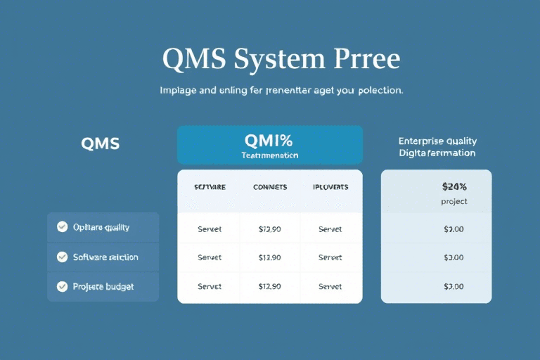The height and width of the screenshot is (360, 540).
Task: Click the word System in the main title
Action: [284, 59]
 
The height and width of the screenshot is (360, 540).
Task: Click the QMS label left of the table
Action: [100, 143]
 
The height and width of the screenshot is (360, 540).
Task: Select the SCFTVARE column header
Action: [210, 188]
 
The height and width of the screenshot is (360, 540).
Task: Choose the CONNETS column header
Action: [270, 188]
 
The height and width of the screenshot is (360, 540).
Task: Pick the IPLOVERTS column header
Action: [330, 188]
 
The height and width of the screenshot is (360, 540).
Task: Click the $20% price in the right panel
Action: [454, 187]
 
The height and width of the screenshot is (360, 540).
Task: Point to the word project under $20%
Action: [454, 201]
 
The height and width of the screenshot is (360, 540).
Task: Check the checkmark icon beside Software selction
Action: [62, 257]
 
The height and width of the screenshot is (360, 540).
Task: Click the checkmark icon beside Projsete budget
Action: [62, 286]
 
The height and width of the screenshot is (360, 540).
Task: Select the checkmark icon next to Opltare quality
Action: [62, 227]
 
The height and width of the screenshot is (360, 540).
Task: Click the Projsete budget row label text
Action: [103, 286]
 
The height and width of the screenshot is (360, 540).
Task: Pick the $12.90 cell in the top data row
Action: [270, 229]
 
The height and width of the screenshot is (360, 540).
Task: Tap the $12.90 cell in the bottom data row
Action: [270, 286]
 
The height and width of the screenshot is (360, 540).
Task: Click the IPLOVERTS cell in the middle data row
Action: [330, 257]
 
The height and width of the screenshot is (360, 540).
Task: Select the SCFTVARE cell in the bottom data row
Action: [210, 286]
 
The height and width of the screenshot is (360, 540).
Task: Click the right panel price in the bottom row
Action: [454, 286]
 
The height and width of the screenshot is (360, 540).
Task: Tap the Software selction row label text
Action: [105, 257]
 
